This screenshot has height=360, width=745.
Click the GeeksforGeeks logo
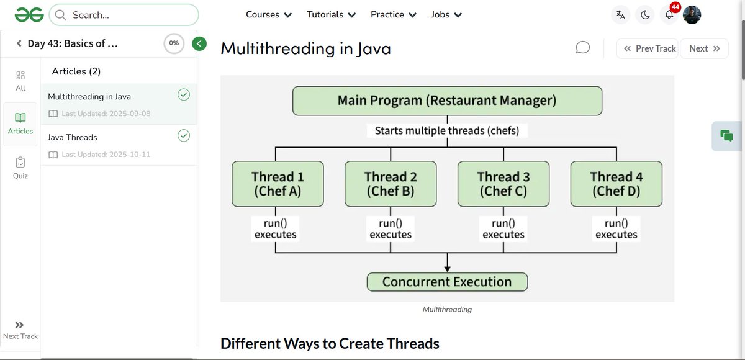point(29,14)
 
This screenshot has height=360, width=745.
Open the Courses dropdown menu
point(269,14)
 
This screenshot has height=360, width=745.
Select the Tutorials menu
point(332,14)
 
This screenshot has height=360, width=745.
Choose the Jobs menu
point(446,14)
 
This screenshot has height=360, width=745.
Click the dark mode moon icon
point(645,15)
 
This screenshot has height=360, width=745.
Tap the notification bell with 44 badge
point(669,15)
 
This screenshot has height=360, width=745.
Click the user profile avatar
point(692,15)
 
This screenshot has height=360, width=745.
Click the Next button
point(704,48)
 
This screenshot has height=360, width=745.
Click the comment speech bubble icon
point(582,48)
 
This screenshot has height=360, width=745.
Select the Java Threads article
point(73,137)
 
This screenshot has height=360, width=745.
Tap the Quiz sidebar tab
point(20,167)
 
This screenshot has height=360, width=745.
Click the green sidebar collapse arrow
point(199,43)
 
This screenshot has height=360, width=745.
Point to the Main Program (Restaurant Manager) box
point(447,101)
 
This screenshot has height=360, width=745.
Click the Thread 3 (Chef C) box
point(503,184)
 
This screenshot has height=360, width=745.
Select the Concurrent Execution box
point(447,282)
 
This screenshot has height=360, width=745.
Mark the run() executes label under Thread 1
point(275,229)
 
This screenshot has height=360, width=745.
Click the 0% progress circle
point(174,43)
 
